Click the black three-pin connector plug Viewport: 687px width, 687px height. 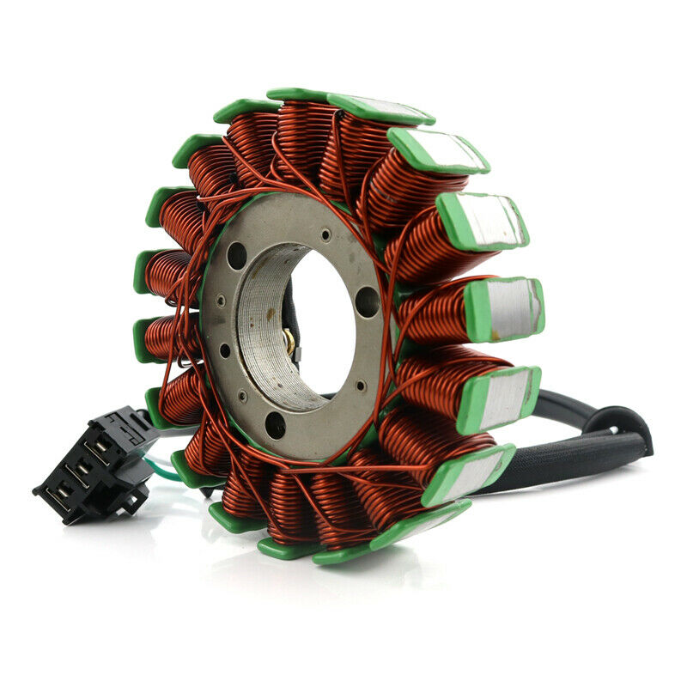click(94, 464)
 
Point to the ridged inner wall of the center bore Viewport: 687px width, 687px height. click(258, 335)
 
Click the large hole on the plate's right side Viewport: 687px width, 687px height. click(368, 301)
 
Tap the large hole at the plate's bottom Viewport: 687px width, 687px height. click(275, 423)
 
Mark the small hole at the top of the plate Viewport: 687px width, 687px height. click(326, 234)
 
